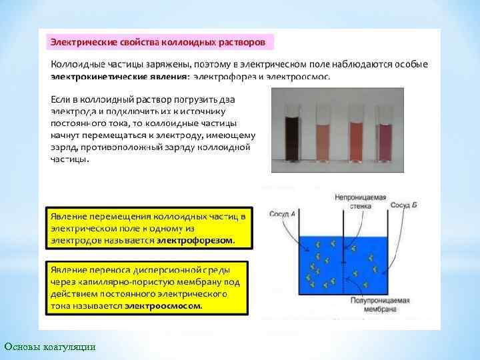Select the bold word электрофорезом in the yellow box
(195, 239)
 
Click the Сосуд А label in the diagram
(282, 214)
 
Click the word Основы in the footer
(21, 347)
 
